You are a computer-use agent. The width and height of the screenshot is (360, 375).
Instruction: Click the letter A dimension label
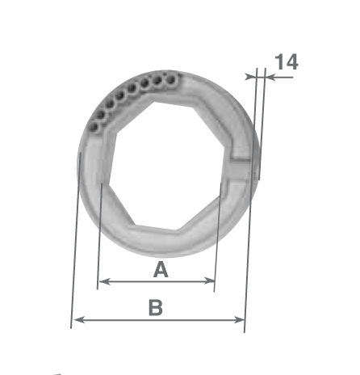click(x=161, y=269)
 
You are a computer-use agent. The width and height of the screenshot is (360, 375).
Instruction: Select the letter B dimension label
click(x=156, y=307)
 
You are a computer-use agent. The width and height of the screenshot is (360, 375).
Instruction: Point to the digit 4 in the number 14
click(x=292, y=61)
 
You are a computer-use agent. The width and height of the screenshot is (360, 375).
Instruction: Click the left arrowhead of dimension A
click(x=104, y=282)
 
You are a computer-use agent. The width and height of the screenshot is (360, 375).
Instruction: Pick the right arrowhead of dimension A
click(x=210, y=281)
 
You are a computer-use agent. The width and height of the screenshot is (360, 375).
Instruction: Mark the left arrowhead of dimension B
click(x=79, y=320)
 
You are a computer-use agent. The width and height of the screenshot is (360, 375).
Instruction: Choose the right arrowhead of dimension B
click(x=240, y=320)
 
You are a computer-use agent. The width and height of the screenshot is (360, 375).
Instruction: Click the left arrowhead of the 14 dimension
click(x=250, y=77)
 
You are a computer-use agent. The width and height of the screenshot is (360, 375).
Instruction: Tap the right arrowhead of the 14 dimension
click(x=270, y=78)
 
